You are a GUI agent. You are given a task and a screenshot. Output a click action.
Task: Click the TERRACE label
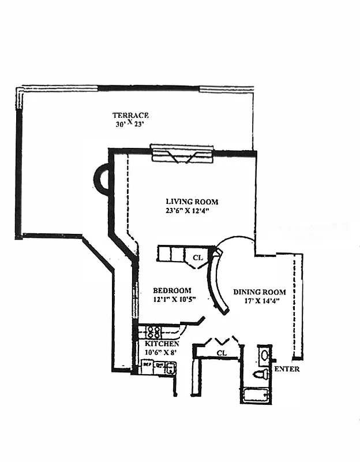pyautogui.click(x=130, y=115)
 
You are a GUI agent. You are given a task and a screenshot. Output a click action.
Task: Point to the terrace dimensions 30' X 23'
pyautogui.click(x=131, y=123)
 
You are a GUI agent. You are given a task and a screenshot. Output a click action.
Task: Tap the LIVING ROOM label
pyautogui.click(x=192, y=202)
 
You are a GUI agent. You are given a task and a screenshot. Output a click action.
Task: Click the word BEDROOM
pyautogui.click(x=171, y=290)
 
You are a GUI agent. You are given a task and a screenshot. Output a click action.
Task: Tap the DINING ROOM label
pyautogui.click(x=259, y=292)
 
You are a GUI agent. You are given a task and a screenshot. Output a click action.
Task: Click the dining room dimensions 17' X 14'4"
pyautogui.click(x=259, y=301)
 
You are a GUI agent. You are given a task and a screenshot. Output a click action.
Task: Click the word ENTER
pyautogui.click(x=287, y=369)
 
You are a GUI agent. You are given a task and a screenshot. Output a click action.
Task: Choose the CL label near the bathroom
pyautogui.click(x=222, y=352)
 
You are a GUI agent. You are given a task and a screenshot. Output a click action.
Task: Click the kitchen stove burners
pyautogui.click(x=153, y=331)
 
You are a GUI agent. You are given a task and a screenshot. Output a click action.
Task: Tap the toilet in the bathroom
pyautogui.click(x=261, y=375)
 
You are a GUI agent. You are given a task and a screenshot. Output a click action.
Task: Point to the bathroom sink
pyautogui.click(x=263, y=353)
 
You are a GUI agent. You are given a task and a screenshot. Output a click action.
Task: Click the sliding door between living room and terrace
pyautogui.click(x=182, y=154)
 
